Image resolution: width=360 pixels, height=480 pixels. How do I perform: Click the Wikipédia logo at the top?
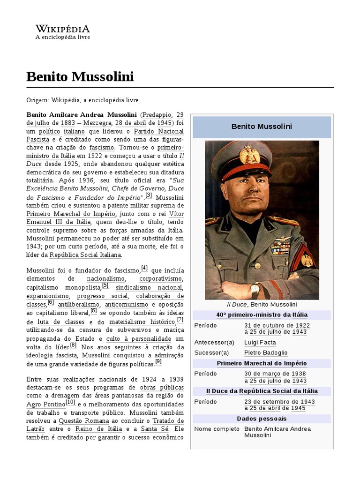click(x=63, y=32)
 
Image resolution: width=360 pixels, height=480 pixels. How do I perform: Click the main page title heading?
click(x=80, y=77)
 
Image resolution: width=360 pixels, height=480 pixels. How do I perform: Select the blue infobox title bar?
click(x=262, y=127)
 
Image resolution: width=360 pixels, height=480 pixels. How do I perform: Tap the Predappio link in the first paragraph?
click(x=157, y=114)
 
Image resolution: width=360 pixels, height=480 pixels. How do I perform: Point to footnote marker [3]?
click(x=149, y=195)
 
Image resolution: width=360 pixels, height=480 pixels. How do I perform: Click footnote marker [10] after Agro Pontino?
click(x=70, y=402)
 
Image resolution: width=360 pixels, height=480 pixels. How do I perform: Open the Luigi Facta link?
click(x=260, y=342)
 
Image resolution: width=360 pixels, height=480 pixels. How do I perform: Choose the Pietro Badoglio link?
click(x=266, y=352)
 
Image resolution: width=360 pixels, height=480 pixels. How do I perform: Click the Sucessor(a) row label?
click(x=211, y=352)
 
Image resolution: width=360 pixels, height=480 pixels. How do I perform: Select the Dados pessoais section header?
click(x=262, y=419)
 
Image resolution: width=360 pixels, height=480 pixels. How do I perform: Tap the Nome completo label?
click(x=213, y=429)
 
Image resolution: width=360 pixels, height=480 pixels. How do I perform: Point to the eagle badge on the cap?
click(x=249, y=155)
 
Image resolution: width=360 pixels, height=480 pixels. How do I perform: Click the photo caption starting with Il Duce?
click(x=262, y=304)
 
